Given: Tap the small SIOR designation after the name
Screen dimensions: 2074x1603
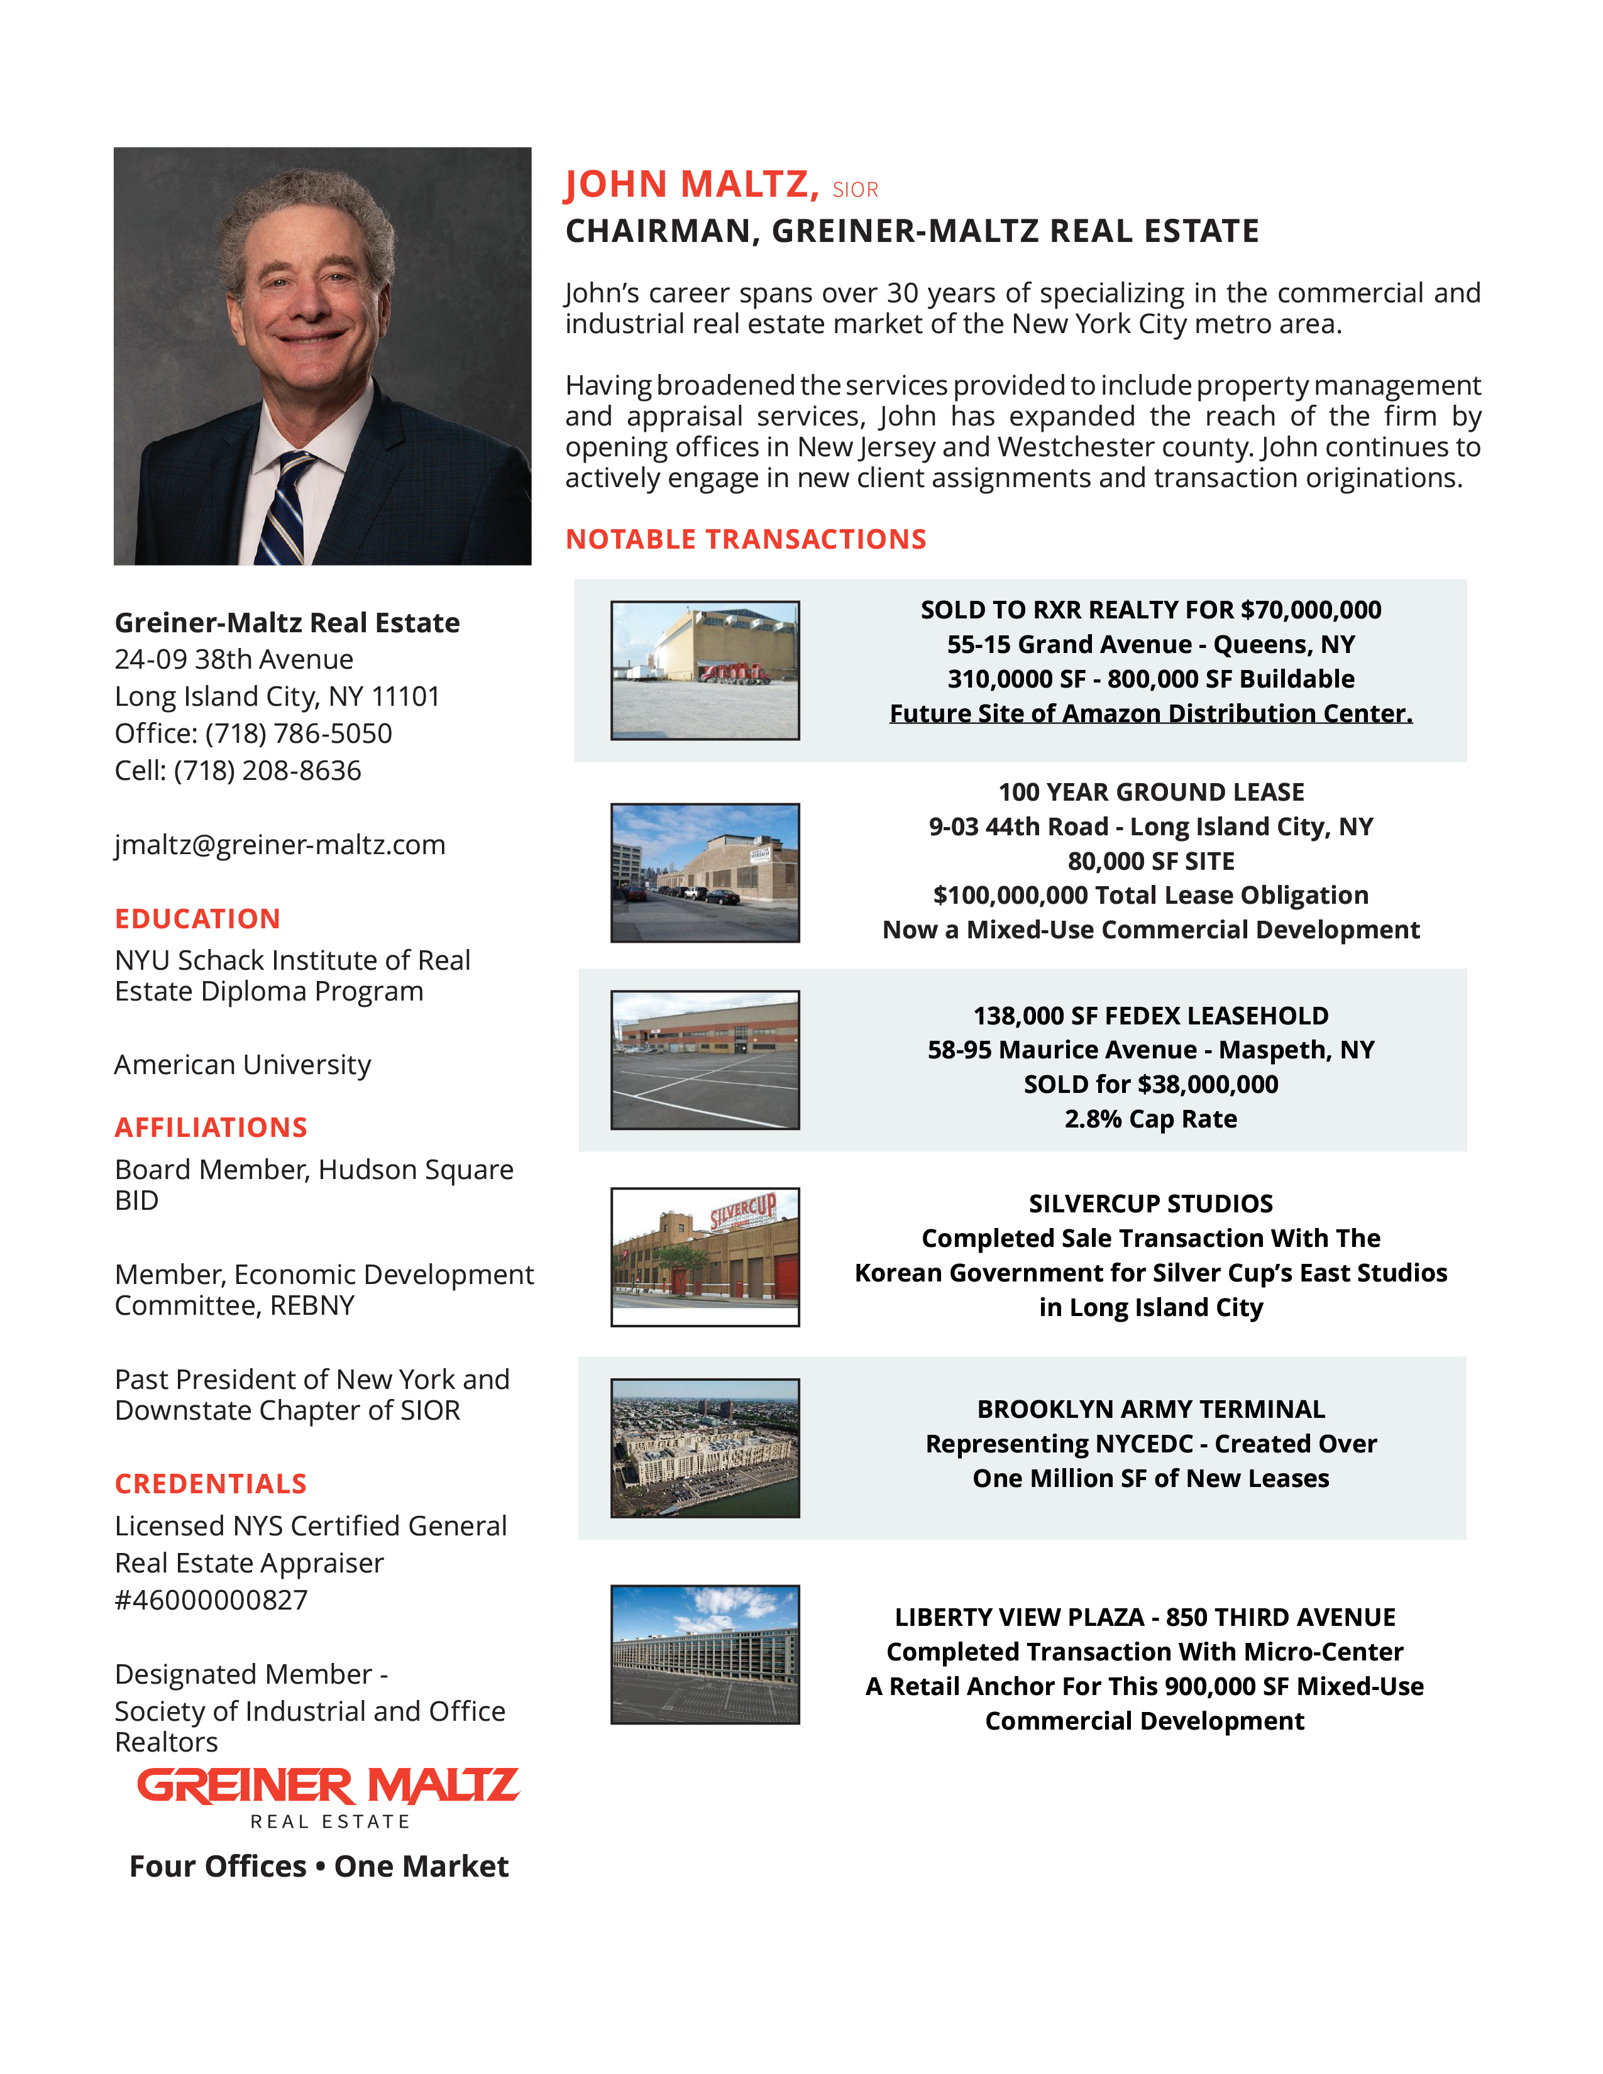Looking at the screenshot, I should pos(855,190).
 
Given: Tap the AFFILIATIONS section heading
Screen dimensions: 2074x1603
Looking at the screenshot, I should pos(211,1128).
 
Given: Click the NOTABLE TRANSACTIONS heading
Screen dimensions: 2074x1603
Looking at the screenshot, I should pos(746,539).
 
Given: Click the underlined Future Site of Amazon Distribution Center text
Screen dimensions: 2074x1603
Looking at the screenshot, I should pos(1150,713).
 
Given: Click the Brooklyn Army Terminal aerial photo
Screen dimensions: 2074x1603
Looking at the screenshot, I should pos(705,1447).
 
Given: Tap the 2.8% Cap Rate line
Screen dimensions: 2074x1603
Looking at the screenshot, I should pos(1150,1119).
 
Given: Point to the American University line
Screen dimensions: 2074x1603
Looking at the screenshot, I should pos(242,1065).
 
